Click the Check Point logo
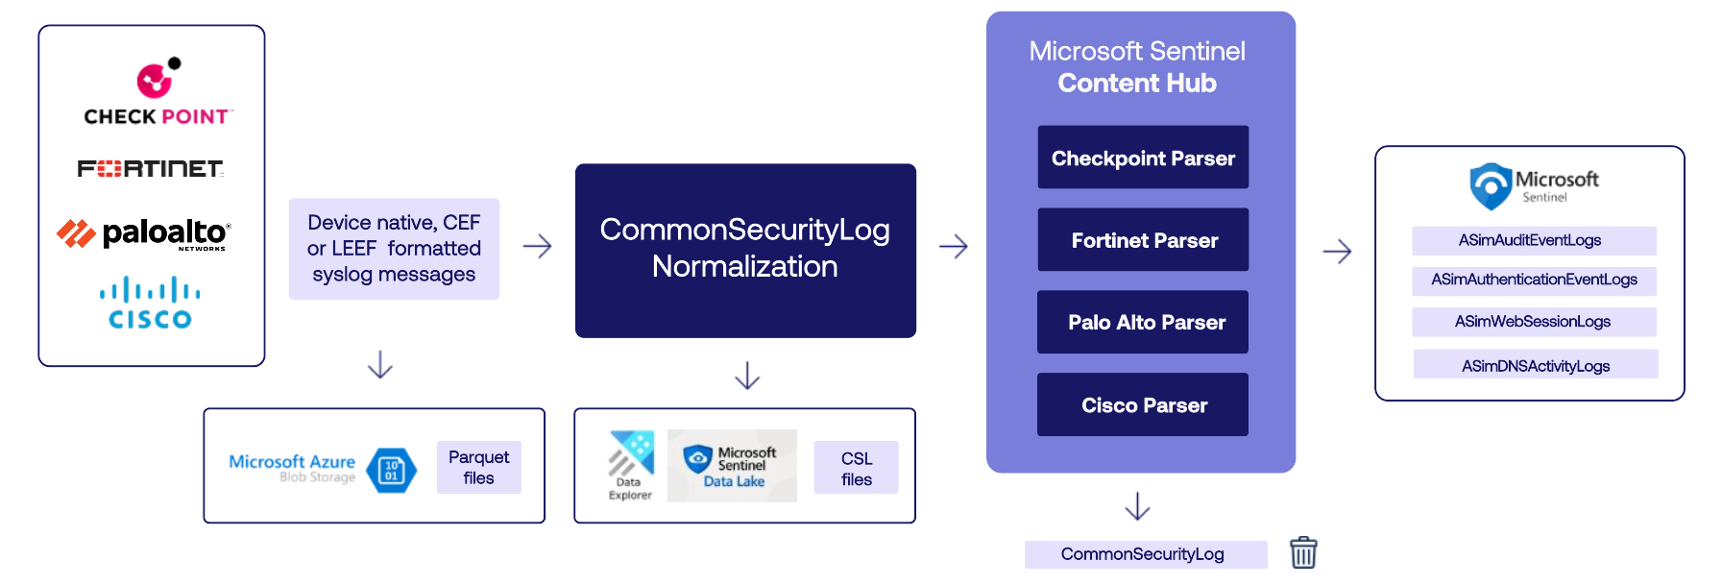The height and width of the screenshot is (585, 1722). coord(157,92)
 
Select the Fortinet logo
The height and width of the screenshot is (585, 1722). coord(151,169)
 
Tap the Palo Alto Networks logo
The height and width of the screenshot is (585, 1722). coord(144,233)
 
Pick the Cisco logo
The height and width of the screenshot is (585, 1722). coord(150,304)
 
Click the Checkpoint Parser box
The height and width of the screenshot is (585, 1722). coord(1143,158)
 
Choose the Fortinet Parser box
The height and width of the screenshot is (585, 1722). coord(1143,240)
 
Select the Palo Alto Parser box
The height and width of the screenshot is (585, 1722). coord(1143,323)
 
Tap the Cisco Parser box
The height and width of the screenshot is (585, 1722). coord(1143,405)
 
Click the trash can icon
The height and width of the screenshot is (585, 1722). coord(1303,552)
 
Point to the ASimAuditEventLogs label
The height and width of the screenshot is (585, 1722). coord(1533,240)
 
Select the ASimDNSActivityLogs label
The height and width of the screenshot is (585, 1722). coord(1535,365)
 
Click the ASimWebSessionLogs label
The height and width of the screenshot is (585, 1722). coord(1533,322)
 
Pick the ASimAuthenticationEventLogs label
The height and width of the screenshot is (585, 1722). coord(1533,280)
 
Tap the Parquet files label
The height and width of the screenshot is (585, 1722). coord(478,468)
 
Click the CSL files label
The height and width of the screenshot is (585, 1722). coord(856,469)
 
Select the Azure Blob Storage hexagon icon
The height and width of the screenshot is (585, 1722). coord(392,471)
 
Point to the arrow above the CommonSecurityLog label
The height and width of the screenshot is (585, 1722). coord(1137,506)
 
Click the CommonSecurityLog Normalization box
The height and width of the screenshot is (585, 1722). coord(745,250)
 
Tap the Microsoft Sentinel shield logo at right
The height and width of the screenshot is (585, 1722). coord(1491,185)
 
